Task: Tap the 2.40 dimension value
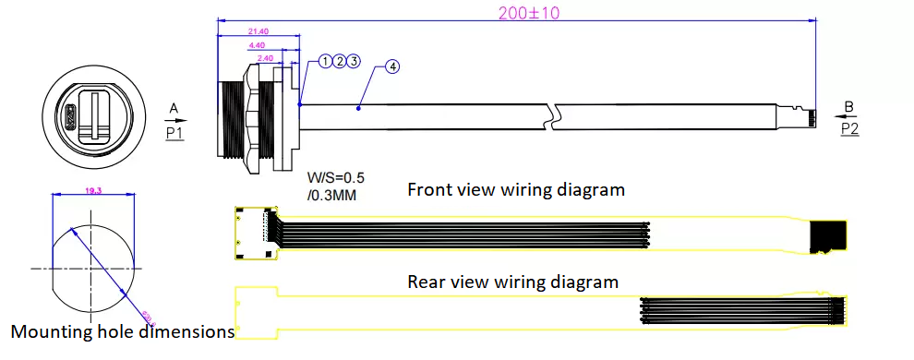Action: (x=264, y=57)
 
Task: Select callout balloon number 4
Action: (x=392, y=67)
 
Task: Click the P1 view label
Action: (x=174, y=133)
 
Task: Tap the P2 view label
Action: (x=849, y=129)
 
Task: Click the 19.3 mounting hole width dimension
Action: (x=93, y=189)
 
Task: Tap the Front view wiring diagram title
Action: (x=516, y=190)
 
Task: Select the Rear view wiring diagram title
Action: (x=512, y=282)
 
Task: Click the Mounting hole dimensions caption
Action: (x=122, y=331)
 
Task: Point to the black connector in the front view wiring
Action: (x=828, y=238)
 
